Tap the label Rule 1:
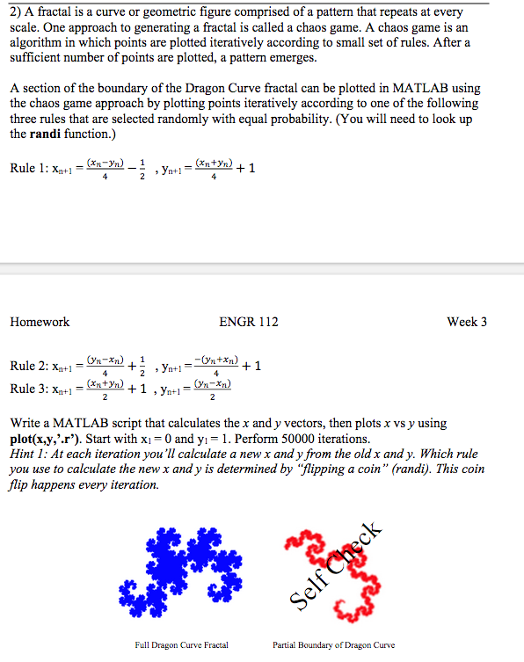(36, 168)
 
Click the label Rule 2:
(36, 367)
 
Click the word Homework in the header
(40, 322)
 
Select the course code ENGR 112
(249, 322)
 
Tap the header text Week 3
(467, 322)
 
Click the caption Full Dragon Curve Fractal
(181, 645)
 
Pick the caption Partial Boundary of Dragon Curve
(334, 645)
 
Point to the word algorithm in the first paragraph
(35, 42)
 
